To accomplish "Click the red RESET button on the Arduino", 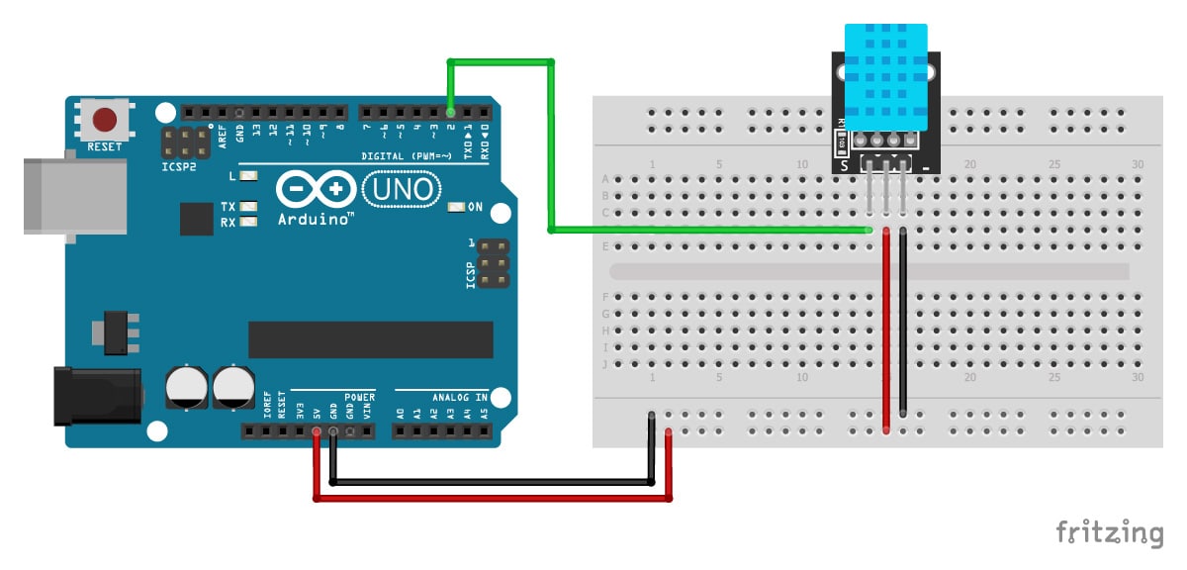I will [107, 121].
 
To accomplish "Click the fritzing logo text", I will [1109, 532].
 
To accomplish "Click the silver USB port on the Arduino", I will [75, 194].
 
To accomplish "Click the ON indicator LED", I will [456, 207].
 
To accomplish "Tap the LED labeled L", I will [248, 177].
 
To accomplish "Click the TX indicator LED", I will [248, 207].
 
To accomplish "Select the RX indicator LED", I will [248, 222].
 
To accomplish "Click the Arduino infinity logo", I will [317, 188].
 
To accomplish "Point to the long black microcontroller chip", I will [370, 339].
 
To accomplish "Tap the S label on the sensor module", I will [844, 165].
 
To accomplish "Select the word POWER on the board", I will [359, 397].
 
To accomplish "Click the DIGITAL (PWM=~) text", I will [406, 155].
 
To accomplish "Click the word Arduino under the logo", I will [316, 219].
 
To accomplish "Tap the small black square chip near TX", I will [197, 219].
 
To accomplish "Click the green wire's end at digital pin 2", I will [451, 111].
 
